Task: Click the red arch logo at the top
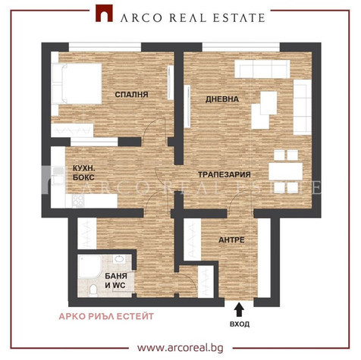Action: [x=104, y=14]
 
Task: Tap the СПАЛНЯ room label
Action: [x=131, y=95]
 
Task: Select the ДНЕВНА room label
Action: [x=222, y=99]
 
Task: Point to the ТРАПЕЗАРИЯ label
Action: [x=224, y=174]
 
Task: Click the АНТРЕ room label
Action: [x=231, y=239]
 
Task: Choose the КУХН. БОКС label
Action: [x=83, y=173]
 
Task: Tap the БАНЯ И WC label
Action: [x=116, y=280]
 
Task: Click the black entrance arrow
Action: [x=238, y=309]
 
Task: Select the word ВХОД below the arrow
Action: [x=240, y=324]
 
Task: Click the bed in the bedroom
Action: [x=77, y=83]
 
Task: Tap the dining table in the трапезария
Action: [x=286, y=171]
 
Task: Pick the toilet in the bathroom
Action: [x=93, y=290]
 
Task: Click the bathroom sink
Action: [x=119, y=259]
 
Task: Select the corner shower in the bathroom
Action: [x=89, y=267]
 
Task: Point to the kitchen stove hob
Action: [x=78, y=201]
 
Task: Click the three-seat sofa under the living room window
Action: [x=262, y=69]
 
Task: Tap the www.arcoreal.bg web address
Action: [x=180, y=348]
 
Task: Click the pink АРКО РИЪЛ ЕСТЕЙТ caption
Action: [x=106, y=316]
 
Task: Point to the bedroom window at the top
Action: [x=105, y=47]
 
